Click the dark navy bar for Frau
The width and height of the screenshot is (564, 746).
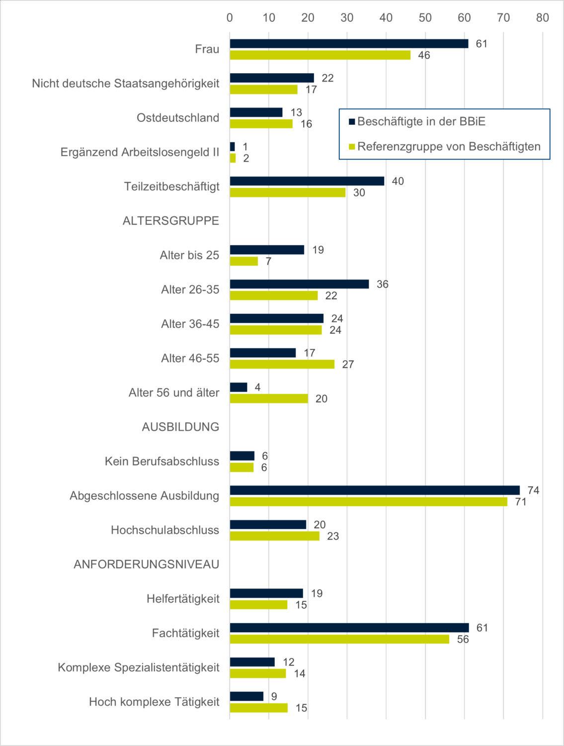(x=349, y=44)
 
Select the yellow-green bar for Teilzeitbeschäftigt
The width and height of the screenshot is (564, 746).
(x=288, y=192)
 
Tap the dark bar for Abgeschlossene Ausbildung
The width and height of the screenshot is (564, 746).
(x=375, y=490)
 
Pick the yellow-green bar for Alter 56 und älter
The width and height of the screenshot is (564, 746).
(x=269, y=398)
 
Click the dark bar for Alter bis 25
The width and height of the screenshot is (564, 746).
(x=267, y=250)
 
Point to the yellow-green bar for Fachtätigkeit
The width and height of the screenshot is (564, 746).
(x=339, y=639)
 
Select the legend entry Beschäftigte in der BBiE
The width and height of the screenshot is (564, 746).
(x=421, y=121)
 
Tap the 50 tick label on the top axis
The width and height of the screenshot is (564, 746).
(x=425, y=18)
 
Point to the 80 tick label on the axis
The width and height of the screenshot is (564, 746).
(x=542, y=18)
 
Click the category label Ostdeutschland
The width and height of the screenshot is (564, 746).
(x=178, y=118)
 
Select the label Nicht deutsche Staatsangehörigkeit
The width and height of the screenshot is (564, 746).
(x=125, y=84)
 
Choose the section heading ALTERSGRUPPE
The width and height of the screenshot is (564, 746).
(x=171, y=221)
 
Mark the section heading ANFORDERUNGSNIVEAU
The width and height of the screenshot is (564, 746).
(x=147, y=564)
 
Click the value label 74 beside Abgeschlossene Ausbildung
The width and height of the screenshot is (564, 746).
(x=533, y=490)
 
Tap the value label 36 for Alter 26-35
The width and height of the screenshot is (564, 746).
(x=382, y=284)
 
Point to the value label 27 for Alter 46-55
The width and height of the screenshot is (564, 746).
(x=348, y=365)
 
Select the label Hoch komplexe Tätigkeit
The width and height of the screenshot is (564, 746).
(x=154, y=702)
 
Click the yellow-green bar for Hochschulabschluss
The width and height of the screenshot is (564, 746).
(x=274, y=536)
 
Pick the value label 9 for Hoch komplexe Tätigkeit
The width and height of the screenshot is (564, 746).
(x=274, y=697)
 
